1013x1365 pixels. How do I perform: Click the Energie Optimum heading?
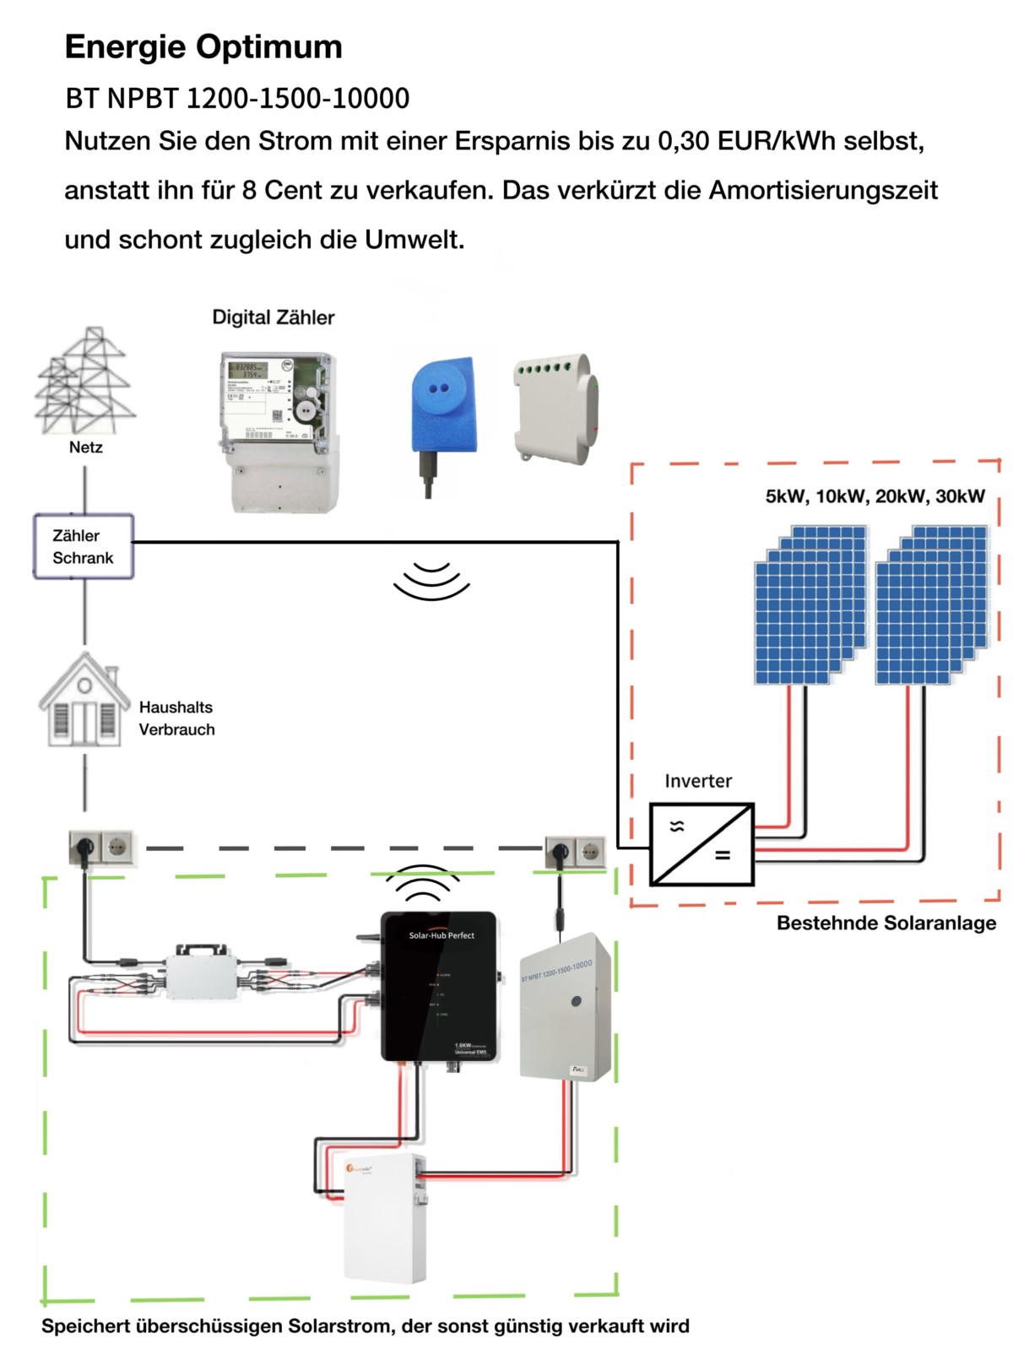[203, 46]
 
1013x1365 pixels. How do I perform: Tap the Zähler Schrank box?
[84, 546]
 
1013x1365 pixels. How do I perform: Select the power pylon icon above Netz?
[85, 381]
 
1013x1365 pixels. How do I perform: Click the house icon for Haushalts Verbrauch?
[84, 701]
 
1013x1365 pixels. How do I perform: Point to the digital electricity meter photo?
[279, 431]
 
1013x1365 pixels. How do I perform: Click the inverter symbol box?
[702, 844]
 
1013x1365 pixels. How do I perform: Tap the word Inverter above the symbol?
[698, 781]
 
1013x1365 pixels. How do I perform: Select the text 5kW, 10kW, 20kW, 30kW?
[875, 496]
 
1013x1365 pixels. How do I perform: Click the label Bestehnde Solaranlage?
[886, 923]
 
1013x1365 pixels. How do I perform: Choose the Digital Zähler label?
[273, 317]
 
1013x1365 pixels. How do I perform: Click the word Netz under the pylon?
[85, 447]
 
